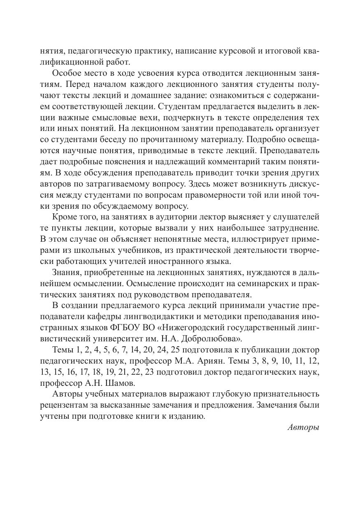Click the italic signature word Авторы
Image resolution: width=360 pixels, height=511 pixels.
(303, 427)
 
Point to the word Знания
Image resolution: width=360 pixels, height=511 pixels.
(67, 272)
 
